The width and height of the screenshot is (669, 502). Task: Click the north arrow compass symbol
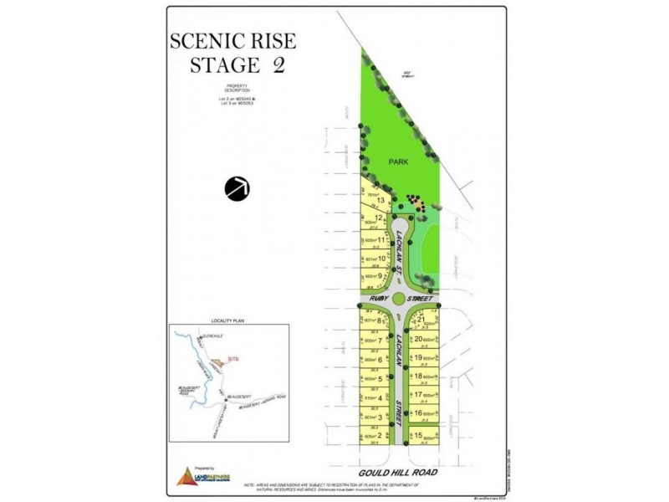pyautogui.click(x=237, y=188)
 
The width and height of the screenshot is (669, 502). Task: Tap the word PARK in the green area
pyautogui.click(x=397, y=162)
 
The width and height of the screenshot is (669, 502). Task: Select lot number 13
pyautogui.click(x=381, y=201)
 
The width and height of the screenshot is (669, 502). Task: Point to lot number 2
pyautogui.click(x=380, y=435)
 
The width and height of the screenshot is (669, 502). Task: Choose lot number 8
pyautogui.click(x=380, y=320)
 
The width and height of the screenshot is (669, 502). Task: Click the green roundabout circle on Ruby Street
pyautogui.click(x=406, y=299)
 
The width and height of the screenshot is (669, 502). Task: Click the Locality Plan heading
pyautogui.click(x=227, y=320)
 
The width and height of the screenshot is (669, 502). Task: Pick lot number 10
pyautogui.click(x=381, y=259)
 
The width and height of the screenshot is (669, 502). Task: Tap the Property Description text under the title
pyautogui.click(x=232, y=90)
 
